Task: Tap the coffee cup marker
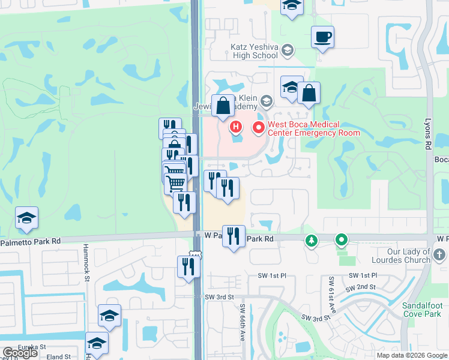coord(322,38)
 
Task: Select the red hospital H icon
coord(236,127)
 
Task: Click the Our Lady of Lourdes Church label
coord(402,256)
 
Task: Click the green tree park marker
coord(311,241)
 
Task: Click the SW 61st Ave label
coord(332,296)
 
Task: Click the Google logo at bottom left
coord(20,353)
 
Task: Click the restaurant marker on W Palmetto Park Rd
coord(233,235)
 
